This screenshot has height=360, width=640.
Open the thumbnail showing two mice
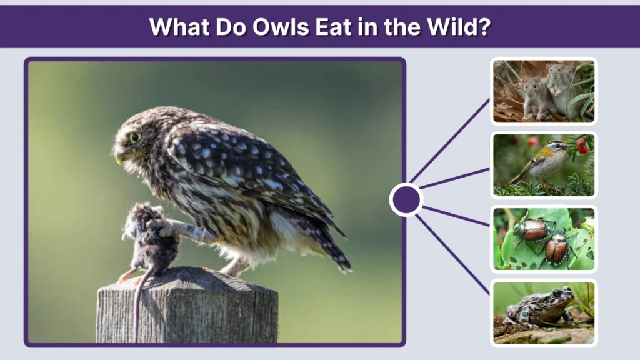(x=543, y=91)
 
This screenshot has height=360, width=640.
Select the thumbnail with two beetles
(x=543, y=239)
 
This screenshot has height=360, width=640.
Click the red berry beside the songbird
(x=582, y=148)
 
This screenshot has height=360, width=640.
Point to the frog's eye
(x=563, y=292)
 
